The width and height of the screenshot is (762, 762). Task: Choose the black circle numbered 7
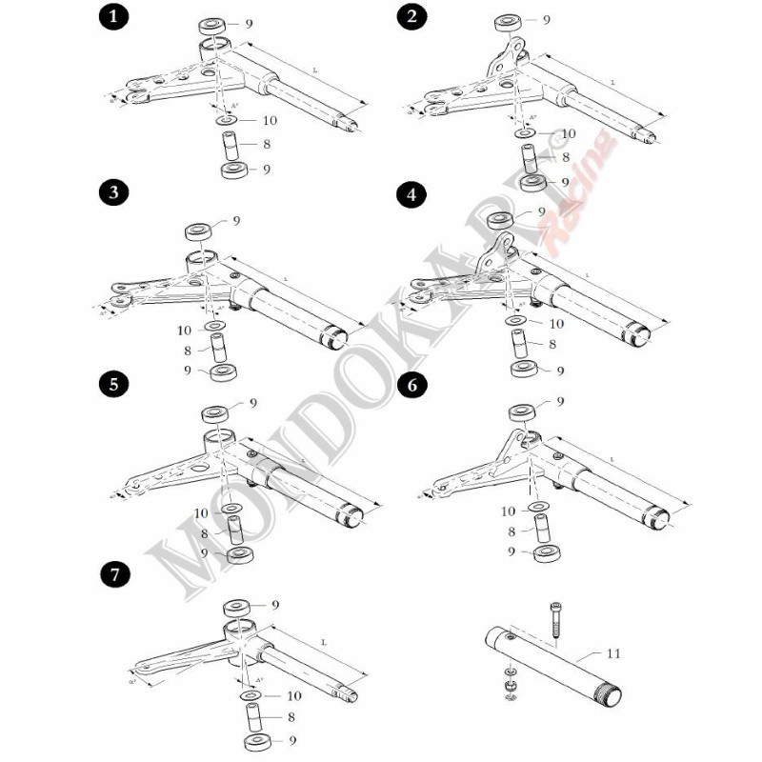point(114,574)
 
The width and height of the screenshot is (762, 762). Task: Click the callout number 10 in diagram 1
point(270,121)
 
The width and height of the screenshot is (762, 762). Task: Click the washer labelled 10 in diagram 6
point(540,506)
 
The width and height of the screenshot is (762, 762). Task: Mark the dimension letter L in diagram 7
point(325,643)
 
